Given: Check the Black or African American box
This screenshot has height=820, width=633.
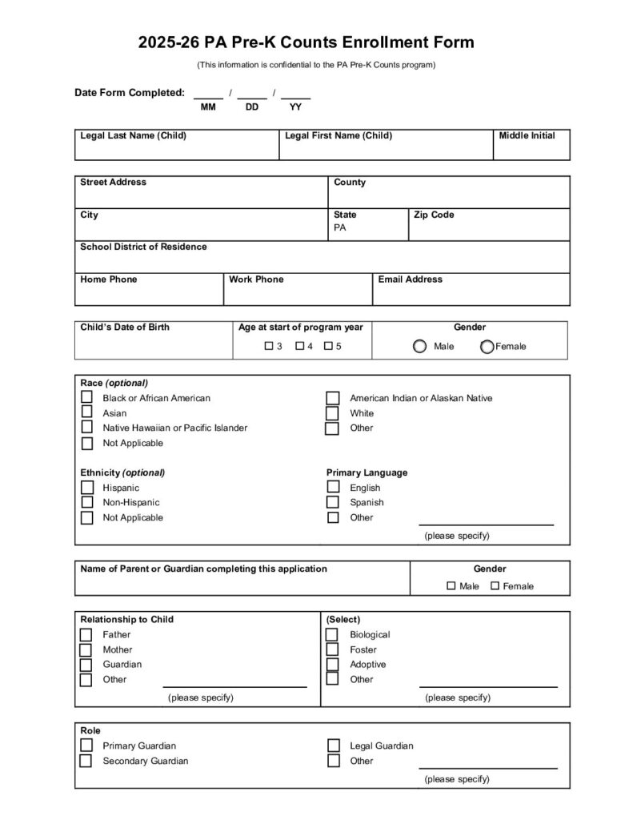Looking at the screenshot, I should coord(86,398).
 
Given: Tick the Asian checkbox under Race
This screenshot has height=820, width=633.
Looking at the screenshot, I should coord(86,413).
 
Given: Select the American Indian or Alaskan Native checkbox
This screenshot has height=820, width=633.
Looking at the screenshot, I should coord(332,398).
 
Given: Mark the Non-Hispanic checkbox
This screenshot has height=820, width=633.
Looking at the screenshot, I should coord(86,503).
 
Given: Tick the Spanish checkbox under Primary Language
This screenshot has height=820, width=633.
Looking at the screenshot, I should coord(333,503).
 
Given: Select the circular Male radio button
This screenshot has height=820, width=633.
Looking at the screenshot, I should coord(419,347).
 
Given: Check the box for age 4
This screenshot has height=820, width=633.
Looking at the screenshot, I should coord(299,347).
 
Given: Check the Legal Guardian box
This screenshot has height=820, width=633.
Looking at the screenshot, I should coord(333,746).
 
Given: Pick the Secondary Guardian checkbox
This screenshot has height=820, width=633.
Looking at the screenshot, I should coord(86,761).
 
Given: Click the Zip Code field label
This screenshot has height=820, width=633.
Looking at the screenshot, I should coord(434,215).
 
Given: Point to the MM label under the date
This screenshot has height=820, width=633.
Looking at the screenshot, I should coord(208,107).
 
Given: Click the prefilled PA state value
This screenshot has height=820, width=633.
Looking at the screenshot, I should coord(340,227).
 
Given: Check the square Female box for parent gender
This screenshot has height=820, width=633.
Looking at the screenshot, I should coord(495,586).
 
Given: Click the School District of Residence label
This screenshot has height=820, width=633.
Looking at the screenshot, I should coord(143,247).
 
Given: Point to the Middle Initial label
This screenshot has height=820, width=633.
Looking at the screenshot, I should coord(527,135).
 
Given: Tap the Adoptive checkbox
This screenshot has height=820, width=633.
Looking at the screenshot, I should coord(332,665).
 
